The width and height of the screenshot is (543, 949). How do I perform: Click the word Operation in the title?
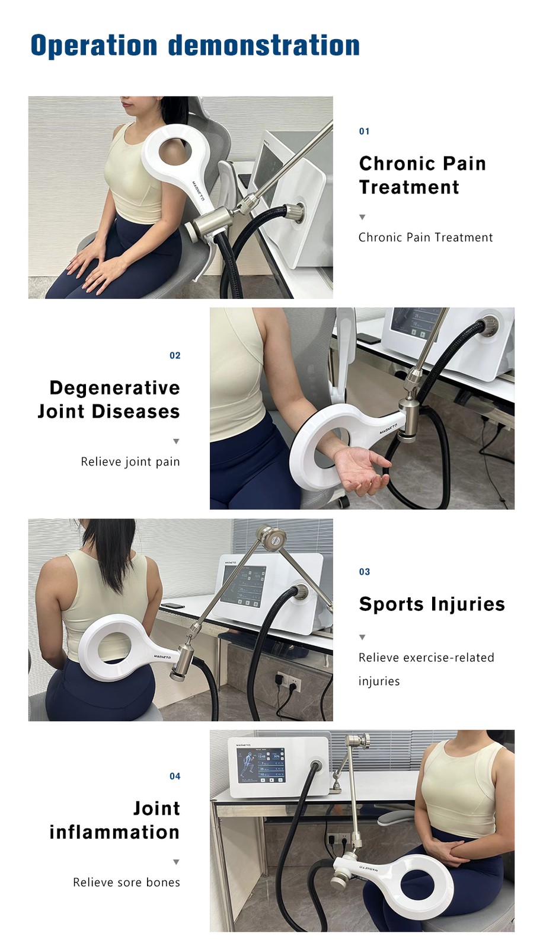pos(94,46)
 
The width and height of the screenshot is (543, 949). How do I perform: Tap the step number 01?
pos(364,132)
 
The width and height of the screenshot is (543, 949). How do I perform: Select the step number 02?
pos(175,356)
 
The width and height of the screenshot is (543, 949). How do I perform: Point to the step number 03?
pos(364,572)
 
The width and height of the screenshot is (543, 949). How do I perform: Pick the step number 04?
pos(175,776)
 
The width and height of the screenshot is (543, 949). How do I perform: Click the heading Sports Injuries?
pos(432,604)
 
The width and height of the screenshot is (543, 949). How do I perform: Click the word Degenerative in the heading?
pos(114,388)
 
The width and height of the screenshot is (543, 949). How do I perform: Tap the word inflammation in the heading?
pos(114,832)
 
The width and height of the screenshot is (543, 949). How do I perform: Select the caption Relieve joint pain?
pos(130,462)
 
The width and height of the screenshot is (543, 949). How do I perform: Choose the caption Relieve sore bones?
pos(126,883)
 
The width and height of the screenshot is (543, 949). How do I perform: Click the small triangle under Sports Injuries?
pos(362,638)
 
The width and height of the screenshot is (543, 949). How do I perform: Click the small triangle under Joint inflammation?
pos(176,862)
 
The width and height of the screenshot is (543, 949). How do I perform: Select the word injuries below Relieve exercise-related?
pos(379,682)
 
